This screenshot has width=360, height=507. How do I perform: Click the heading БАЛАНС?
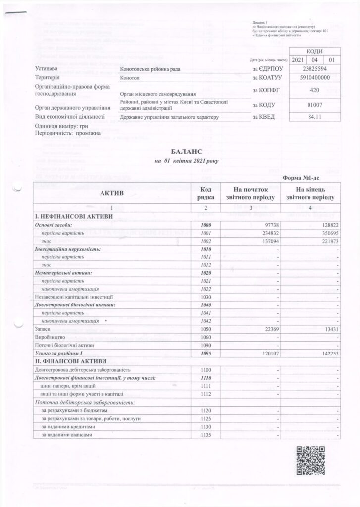tap(180, 152)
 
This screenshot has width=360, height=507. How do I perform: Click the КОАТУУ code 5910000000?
tap(312, 78)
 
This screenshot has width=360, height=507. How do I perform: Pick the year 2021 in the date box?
tap(298, 59)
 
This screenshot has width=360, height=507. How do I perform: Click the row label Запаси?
tap(43, 328)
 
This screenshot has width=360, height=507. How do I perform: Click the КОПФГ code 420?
tap(312, 90)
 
